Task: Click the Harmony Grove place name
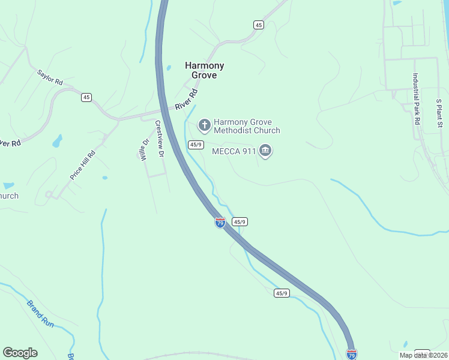pyautogui.click(x=204, y=70)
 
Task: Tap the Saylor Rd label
pyautogui.click(x=50, y=77)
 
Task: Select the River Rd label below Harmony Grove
pyautogui.click(x=187, y=100)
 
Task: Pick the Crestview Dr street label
pyautogui.click(x=160, y=139)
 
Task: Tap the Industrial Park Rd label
pyautogui.click(x=415, y=98)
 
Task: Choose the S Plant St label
pyautogui.click(x=439, y=113)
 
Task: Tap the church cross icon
pyautogui.click(x=204, y=125)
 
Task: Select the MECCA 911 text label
pyautogui.click(x=234, y=151)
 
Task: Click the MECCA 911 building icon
pyautogui.click(x=265, y=151)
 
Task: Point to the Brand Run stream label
pyautogui.click(x=40, y=313)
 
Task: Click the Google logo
pyautogui.click(x=20, y=353)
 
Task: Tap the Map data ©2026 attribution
pyautogui.click(x=423, y=355)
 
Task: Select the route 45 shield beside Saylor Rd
pyautogui.click(x=86, y=97)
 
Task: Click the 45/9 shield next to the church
pyautogui.click(x=196, y=145)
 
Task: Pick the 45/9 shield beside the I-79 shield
pyautogui.click(x=240, y=222)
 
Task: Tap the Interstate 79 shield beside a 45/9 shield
pyautogui.click(x=220, y=223)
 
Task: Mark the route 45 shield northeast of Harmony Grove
pyautogui.click(x=258, y=25)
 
